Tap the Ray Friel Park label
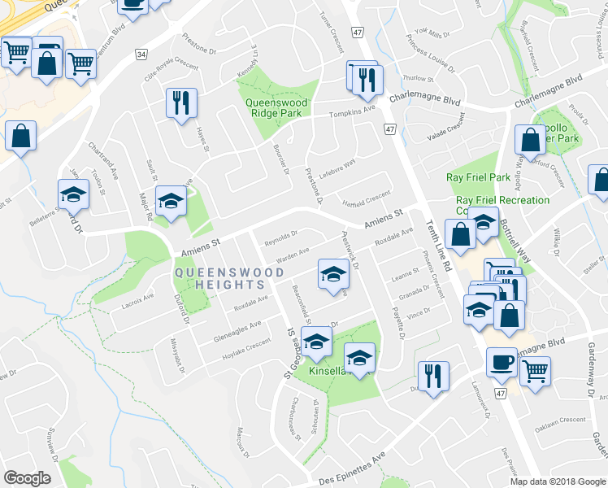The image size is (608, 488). [x=478, y=177]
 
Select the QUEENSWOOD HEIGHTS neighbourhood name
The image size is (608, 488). [x=219, y=278]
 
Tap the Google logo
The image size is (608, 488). [x=27, y=478]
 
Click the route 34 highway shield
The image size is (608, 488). [x=141, y=54]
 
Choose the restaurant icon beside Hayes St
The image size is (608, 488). [x=181, y=102]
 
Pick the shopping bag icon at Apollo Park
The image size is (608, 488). [x=530, y=141]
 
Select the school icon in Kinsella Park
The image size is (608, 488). [x=359, y=356]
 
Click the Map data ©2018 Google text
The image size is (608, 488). [x=558, y=481]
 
